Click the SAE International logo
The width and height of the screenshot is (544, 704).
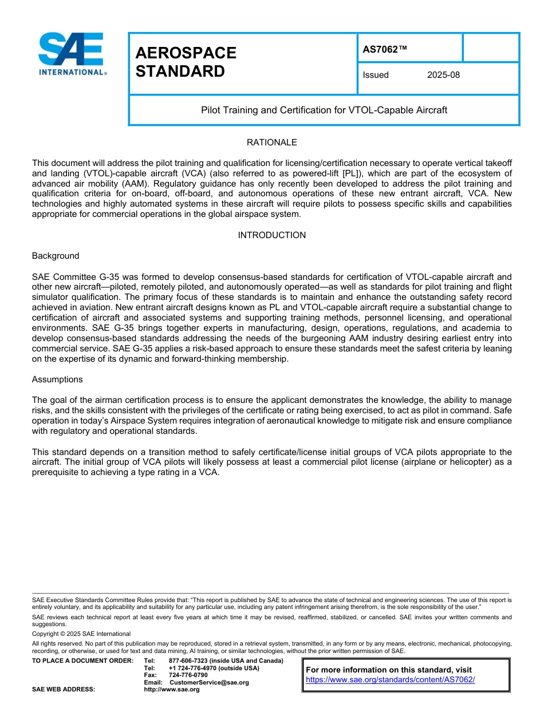pos(72,54)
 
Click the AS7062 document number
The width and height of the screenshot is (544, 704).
pos(385,49)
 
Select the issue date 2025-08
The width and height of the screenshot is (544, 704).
pos(443,75)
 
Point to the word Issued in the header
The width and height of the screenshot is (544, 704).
pos(376,75)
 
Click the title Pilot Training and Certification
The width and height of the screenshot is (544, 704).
pos(324,110)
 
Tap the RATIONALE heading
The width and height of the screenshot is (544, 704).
pos(271,143)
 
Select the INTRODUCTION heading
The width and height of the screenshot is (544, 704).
pos(271,235)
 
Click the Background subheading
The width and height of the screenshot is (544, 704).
pos(56,256)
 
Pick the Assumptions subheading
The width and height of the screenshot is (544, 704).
pos(57,379)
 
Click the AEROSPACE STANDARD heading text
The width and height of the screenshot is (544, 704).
pos(186,62)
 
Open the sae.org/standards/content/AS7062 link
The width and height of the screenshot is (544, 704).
pos(390,680)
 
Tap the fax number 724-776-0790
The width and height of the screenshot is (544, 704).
pos(188,675)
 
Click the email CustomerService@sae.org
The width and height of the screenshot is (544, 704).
pos(209,683)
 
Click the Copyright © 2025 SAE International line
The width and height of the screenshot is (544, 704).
pos(81,634)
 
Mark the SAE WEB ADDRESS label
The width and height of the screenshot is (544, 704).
pos(64,690)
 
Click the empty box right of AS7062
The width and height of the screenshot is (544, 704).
pos(490,48)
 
